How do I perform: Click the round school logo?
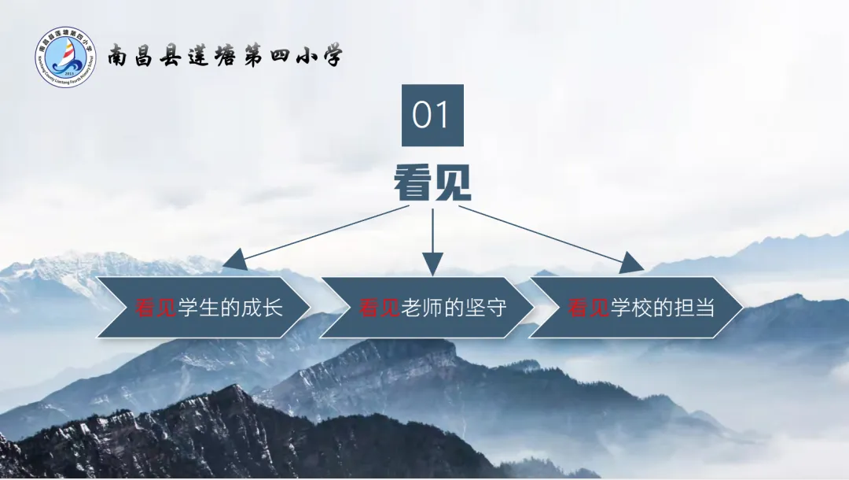click(65, 57)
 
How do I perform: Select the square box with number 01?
click(432, 116)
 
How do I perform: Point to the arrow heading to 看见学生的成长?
click(314, 234)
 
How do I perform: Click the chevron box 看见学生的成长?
click(205, 308)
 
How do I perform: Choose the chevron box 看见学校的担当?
click(637, 308)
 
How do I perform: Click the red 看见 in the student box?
click(156, 308)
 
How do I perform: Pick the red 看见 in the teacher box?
click(380, 308)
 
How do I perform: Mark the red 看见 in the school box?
click(589, 308)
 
